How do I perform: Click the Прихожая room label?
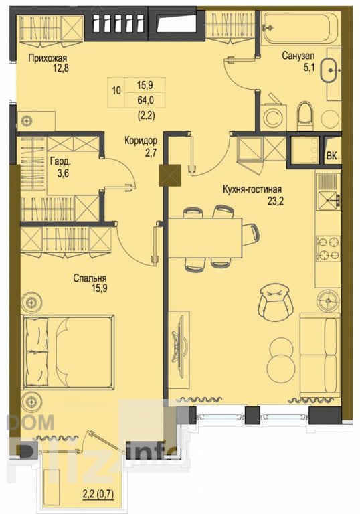(48, 59)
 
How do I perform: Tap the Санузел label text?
(298, 56)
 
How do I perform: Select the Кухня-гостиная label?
(252, 189)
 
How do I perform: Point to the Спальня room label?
(90, 278)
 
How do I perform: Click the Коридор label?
(141, 141)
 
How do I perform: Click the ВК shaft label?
(331, 156)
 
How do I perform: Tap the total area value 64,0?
(146, 100)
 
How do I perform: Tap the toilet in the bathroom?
(304, 115)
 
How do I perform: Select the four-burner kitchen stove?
(329, 248)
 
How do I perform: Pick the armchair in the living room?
(275, 303)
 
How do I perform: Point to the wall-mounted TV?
(181, 345)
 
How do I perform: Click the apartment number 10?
(116, 90)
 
